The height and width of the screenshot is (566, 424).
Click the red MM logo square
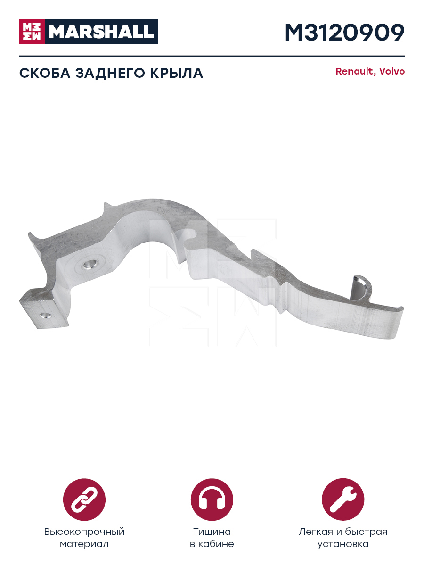[32, 32]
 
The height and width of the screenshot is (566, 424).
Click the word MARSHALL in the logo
[101, 32]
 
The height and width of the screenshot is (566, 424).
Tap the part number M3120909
[345, 33]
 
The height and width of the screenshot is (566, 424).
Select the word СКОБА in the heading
[45, 73]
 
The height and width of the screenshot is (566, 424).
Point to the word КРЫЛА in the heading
[176, 73]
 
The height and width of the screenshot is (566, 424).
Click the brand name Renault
[354, 71]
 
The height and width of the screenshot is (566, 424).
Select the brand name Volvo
[392, 71]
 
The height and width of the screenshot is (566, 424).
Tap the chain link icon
[84, 499]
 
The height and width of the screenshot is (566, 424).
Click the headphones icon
[212, 499]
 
